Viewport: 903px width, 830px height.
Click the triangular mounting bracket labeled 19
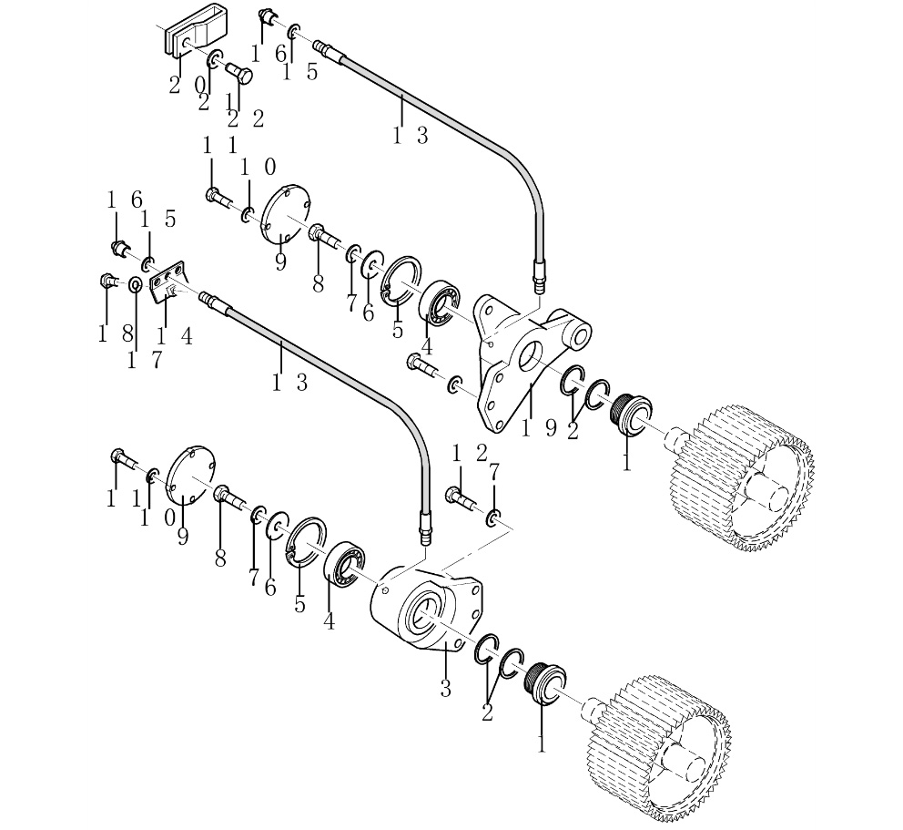click(507, 369)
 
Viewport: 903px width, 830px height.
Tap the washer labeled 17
click(135, 285)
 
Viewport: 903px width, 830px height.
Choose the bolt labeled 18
click(109, 281)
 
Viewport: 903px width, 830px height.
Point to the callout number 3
click(445, 688)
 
